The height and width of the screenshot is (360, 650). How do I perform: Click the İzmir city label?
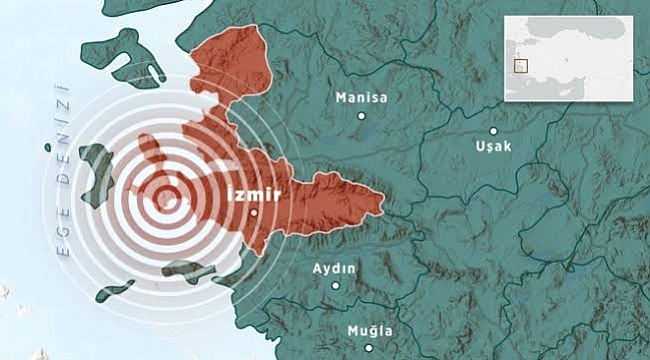257,193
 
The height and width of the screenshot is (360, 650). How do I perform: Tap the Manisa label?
362,98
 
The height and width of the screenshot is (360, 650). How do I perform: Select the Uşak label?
494,146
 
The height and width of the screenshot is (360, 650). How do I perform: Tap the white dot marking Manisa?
362,116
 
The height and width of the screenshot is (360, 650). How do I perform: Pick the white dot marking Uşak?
493,130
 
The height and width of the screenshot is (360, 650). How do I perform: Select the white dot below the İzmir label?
255,212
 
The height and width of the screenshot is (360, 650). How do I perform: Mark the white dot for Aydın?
336,286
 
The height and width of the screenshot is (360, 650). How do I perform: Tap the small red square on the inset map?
519,66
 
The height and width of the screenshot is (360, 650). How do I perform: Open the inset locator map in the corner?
568,57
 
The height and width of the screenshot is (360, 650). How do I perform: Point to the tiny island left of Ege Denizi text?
47,148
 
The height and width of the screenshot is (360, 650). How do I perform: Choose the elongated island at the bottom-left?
114,291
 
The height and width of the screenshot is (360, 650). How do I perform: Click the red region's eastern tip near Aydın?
378,203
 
